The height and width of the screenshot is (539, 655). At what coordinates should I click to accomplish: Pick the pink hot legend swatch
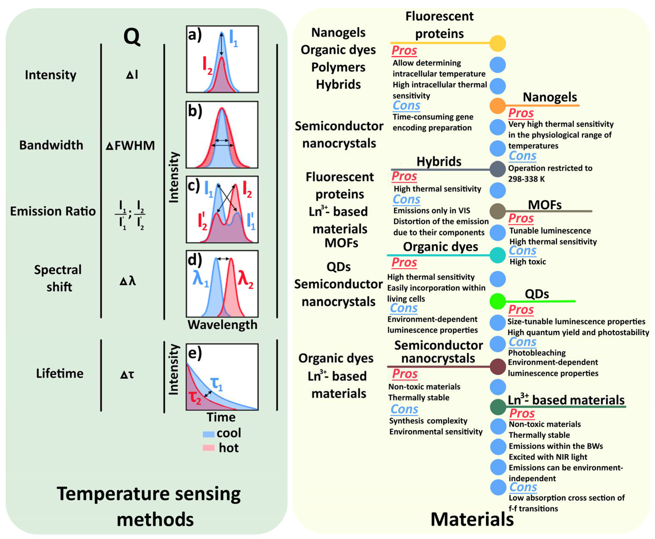tap(208, 448)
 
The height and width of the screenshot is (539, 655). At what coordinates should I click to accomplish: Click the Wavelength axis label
tap(222, 325)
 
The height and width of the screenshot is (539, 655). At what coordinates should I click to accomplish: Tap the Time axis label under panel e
tap(221, 417)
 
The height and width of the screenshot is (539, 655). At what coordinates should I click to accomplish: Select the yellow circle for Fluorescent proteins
tap(498, 43)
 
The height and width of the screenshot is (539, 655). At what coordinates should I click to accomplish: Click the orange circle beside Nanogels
tap(498, 106)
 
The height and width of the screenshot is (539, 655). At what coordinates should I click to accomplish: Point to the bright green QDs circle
tap(498, 301)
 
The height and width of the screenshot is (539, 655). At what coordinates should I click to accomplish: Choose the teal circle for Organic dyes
tap(498, 255)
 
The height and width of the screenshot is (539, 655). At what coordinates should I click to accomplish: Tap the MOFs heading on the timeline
tap(545, 205)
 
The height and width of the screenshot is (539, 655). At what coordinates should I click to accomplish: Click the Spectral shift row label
tap(58, 278)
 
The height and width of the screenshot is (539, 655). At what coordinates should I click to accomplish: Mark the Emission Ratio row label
tap(53, 211)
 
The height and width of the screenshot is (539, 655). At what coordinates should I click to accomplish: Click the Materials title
tap(472, 519)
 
